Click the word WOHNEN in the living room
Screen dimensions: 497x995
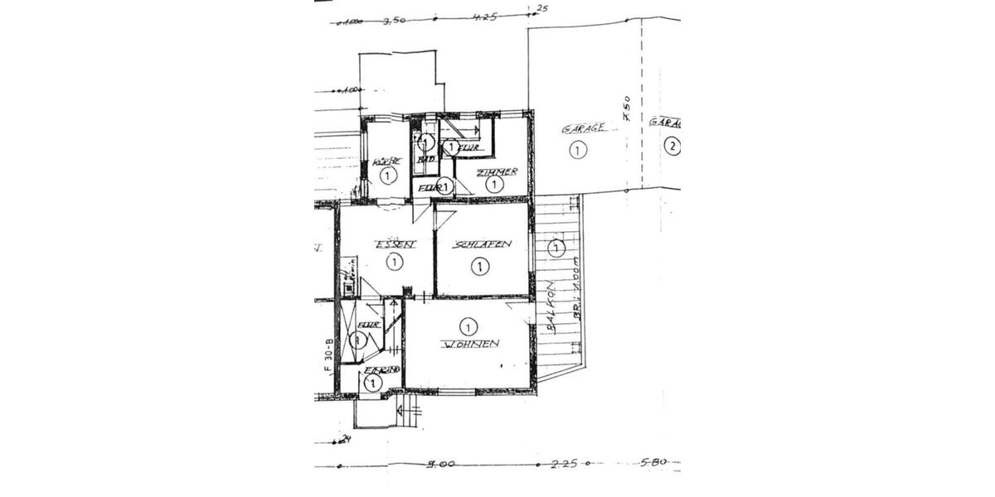tap(470, 344)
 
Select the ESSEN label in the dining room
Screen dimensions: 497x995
tap(394, 244)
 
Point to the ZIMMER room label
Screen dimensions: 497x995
tap(498, 171)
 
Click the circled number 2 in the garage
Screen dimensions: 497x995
tap(672, 147)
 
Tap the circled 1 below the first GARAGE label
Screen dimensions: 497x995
tap(578, 149)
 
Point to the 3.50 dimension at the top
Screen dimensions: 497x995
tap(393, 22)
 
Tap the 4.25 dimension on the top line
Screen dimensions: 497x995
tap(485, 17)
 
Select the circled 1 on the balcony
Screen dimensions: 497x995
tap(556, 247)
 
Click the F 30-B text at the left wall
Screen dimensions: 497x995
tap(328, 354)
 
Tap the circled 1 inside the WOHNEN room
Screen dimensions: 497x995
tap(468, 326)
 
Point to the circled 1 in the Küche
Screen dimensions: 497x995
tap(387, 175)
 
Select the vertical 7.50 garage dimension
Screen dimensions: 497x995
tap(627, 109)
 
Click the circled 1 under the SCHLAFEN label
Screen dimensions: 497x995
tap(479, 266)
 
